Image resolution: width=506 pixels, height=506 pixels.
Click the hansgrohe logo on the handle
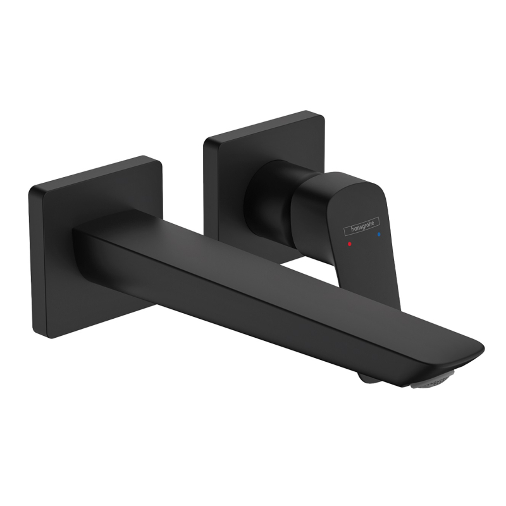click(x=361, y=225)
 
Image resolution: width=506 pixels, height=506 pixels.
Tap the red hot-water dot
click(x=350, y=244)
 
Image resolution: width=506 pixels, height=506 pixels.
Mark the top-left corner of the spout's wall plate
click(x=30, y=188)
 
